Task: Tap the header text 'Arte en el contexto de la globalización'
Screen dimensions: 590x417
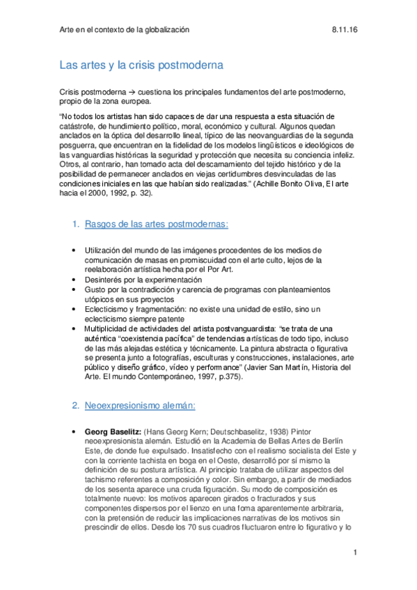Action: pos(125,30)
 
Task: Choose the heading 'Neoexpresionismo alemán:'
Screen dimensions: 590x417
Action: pos(139,404)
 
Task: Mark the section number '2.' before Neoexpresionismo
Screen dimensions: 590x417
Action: pos(77,404)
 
